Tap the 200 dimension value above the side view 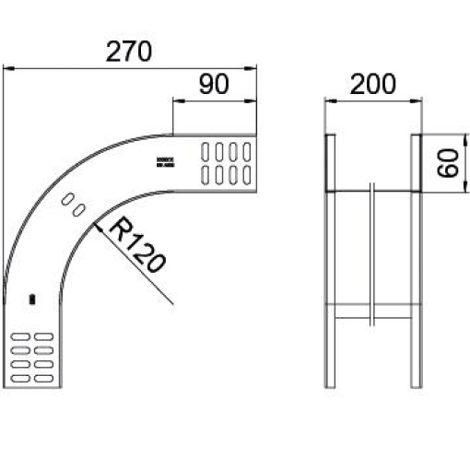[x=372, y=84]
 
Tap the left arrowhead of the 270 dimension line [x=7, y=67]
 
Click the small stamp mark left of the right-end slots [x=166, y=160]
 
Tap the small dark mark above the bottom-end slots [x=32, y=300]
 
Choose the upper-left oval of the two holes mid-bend [x=67, y=198]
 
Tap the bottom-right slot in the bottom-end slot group [x=43, y=377]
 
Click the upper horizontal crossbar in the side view [x=372, y=192]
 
